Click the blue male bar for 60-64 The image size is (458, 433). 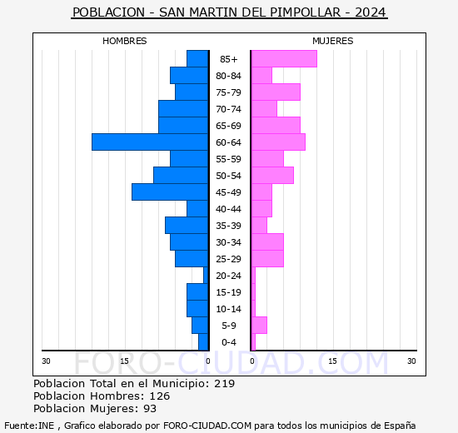click(150, 142)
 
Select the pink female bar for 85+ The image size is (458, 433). click(284, 59)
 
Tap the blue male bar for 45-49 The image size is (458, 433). click(170, 192)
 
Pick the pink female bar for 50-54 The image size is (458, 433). click(272, 176)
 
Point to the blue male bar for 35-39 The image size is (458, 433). click(187, 226)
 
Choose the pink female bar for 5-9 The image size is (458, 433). click(259, 326)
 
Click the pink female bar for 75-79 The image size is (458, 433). click(276, 92)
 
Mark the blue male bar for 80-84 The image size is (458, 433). click(189, 76)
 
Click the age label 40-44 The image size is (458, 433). click(229, 209)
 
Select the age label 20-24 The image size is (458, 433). click(229, 276)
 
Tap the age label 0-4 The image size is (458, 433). click(229, 342)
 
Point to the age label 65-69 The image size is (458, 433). click(229, 126)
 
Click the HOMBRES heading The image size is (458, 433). click(125, 41)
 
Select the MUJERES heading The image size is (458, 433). click(332, 41)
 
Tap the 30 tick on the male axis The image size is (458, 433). click(47, 361)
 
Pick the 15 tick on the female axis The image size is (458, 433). click(332, 361)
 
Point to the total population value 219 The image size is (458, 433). click(224, 384)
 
